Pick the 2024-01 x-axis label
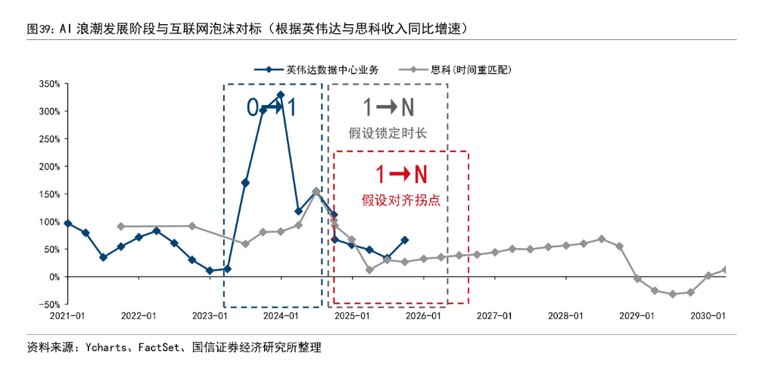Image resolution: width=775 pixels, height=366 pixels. point(281,315)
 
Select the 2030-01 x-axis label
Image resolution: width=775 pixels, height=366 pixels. point(710,315)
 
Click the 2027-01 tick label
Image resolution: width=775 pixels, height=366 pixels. point(496,315)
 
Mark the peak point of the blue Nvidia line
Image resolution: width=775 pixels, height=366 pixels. point(281,95)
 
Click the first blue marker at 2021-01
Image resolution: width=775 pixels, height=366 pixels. point(68,223)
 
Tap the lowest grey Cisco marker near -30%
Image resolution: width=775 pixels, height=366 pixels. point(672,293)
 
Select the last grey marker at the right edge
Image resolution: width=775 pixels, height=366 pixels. point(726,269)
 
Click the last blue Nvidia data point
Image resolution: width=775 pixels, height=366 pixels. point(405,240)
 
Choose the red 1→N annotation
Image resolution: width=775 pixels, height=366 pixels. point(401,175)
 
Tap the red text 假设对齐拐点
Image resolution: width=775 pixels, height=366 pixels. point(401,200)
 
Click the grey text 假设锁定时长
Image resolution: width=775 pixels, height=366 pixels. point(388,134)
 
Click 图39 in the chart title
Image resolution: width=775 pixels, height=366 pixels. point(39,29)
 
